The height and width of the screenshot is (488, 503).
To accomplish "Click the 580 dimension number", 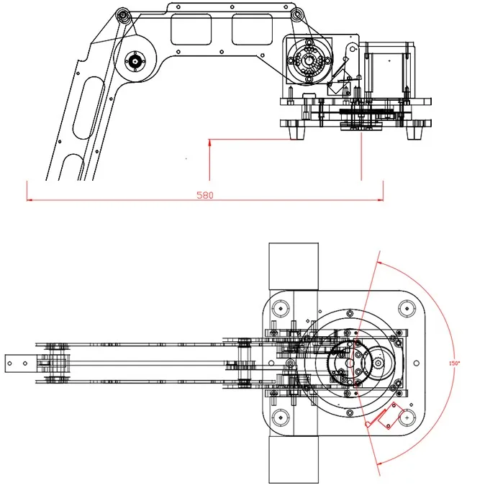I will click(x=204, y=195).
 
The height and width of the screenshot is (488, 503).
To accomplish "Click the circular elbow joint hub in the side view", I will click(x=135, y=61).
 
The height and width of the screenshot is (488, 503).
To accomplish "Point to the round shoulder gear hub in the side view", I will click(x=309, y=60).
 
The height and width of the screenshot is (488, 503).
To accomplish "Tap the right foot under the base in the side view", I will click(x=415, y=130).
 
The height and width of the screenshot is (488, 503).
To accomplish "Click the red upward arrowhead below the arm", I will click(x=209, y=143).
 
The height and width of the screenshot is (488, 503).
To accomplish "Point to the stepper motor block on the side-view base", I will click(x=389, y=68).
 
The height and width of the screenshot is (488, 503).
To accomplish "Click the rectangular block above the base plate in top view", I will click(x=294, y=267).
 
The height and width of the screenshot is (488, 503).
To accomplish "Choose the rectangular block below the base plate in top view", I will click(x=294, y=460).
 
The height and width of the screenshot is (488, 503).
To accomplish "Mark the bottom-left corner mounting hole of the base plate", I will click(x=280, y=417).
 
